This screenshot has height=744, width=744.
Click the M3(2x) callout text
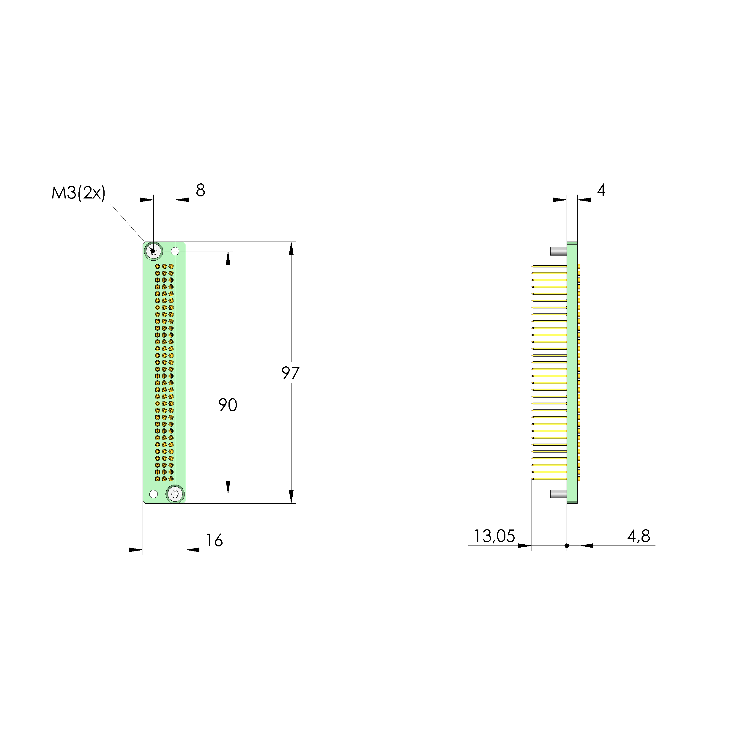coord(78,193)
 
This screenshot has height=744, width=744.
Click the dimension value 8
coord(200,190)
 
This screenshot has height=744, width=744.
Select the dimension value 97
coord(290,373)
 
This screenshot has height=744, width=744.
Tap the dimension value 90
coord(228,405)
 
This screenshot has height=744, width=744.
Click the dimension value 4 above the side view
coord(601,190)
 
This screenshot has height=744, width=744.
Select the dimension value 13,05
coord(494,536)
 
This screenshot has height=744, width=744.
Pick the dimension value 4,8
coord(639,536)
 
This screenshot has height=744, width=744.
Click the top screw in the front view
coord(153,251)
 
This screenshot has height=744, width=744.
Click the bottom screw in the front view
coord(175,494)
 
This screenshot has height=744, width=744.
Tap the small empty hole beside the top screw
coord(175,251)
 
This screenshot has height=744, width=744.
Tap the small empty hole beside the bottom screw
coord(153,494)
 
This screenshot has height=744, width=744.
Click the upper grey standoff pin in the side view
coord(558,251)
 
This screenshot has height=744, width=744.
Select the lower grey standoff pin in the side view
coord(558,494)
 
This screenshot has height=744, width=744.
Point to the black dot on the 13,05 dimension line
coord(567,546)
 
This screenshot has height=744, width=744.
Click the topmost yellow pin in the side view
coord(549,266)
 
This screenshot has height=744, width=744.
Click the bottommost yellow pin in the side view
coord(549,479)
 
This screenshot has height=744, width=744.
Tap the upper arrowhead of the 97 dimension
coord(291,249)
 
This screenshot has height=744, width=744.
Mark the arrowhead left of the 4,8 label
coord(587,546)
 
